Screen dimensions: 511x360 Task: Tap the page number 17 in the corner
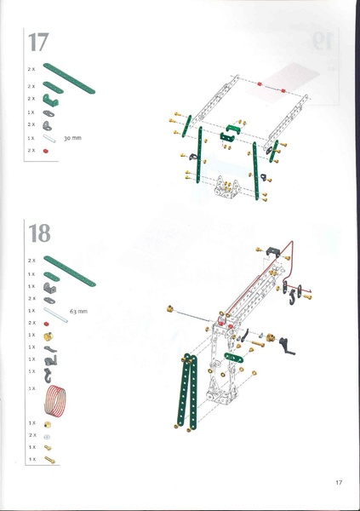tap(338, 483)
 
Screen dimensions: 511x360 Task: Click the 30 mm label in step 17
tap(71, 136)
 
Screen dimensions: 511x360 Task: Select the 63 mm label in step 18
tap(78, 312)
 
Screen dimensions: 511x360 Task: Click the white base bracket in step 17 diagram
tap(226, 187)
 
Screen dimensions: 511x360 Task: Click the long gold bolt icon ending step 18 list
tap(52, 460)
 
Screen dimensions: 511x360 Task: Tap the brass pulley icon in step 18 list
tap(49, 336)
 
